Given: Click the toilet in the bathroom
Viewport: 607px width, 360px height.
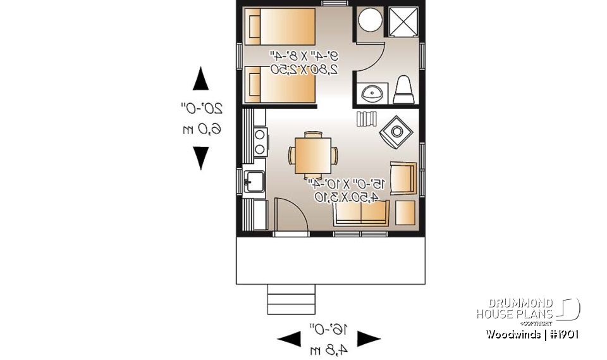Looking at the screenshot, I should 403,90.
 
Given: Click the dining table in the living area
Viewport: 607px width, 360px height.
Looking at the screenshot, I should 313,154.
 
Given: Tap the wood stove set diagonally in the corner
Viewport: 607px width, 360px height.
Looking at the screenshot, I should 396,132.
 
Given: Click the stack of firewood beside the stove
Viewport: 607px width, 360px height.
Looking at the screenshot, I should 366,118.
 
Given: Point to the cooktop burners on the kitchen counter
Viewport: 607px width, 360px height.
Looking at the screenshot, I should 259,142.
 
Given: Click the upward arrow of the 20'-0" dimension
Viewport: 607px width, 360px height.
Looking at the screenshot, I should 200,80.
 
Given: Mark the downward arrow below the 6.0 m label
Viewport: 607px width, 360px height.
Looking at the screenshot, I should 200,158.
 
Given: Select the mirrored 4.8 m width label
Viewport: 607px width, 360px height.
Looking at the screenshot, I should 329,349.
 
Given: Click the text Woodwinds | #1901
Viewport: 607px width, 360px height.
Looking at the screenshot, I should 532,334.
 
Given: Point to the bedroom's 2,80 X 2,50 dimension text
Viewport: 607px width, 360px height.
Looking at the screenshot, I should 302,68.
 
